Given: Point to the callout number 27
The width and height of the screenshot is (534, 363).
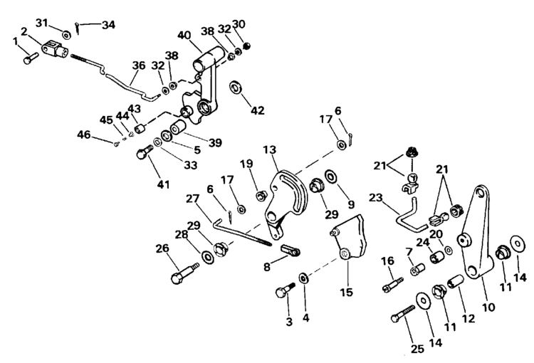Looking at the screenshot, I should coord(192,199).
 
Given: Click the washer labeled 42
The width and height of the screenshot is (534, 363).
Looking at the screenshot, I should coord(235,88).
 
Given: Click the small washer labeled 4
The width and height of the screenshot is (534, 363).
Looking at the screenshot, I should coord(304,277).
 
